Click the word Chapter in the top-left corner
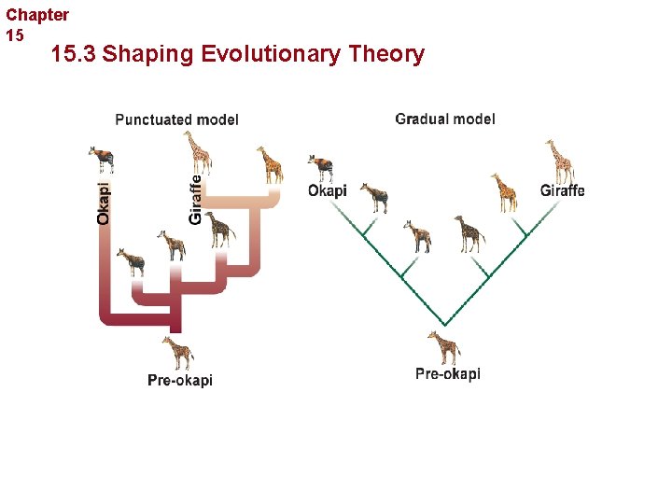[37, 15]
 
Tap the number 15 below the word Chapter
[15, 35]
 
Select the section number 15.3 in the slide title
[74, 55]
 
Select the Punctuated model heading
[176, 119]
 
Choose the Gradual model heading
[445, 119]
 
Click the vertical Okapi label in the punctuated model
[104, 202]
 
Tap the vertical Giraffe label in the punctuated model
[195, 194]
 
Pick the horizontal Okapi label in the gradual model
[327, 190]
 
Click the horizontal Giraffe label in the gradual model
[562, 190]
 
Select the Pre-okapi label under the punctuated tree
[180, 380]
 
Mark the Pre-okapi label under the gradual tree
[448, 374]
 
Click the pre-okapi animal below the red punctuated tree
[177, 353]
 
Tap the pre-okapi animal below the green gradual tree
[444, 346]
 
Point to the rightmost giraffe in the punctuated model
[270, 165]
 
